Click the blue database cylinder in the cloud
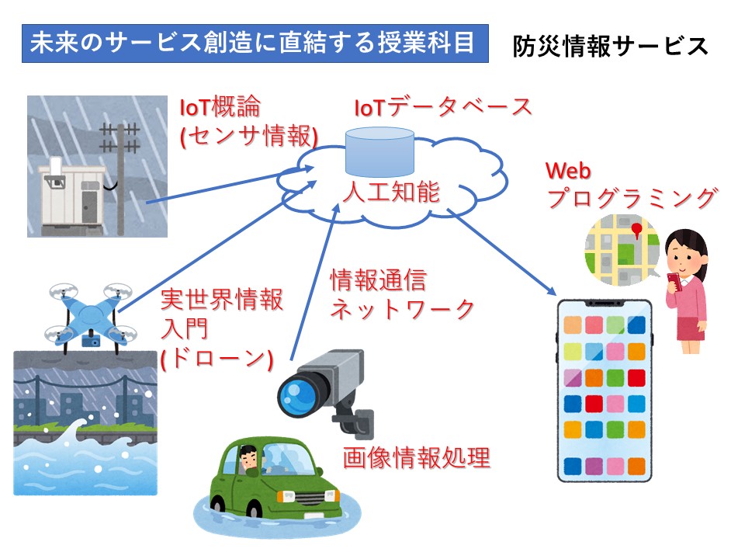pyautogui.click(x=379, y=152)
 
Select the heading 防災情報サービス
pyautogui.click(x=611, y=46)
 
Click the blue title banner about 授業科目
pyautogui.click(x=255, y=43)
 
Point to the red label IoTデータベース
pyautogui.click(x=443, y=107)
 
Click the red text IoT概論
pyautogui.click(x=220, y=106)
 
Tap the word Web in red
pyautogui.click(x=568, y=171)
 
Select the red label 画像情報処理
pyautogui.click(x=416, y=458)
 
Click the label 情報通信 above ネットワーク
pyautogui.click(x=379, y=279)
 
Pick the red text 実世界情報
pyautogui.click(x=222, y=299)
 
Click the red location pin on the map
pyautogui.click(x=636, y=230)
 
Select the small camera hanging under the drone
pyautogui.click(x=91, y=341)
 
